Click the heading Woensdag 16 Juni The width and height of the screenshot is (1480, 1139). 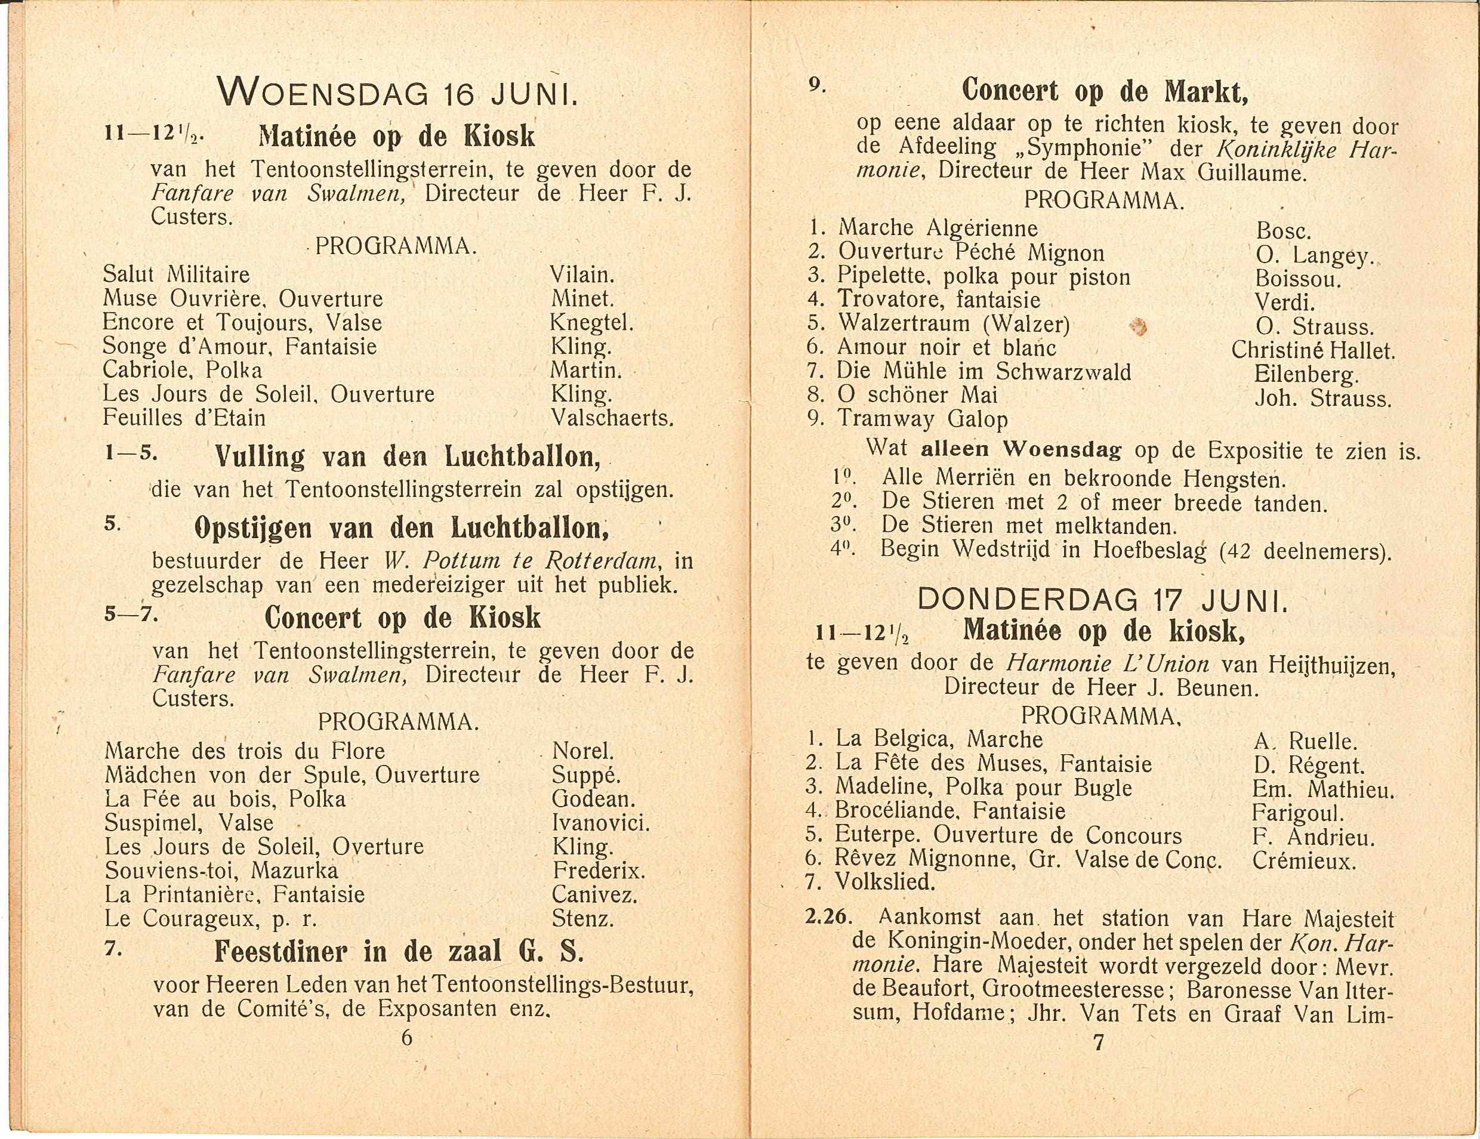397,93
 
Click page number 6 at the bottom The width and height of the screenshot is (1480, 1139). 406,1038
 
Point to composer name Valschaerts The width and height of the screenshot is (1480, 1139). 612,418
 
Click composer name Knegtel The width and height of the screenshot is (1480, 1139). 591,323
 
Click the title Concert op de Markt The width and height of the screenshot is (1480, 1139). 1105,91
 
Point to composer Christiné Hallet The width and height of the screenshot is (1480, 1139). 1313,350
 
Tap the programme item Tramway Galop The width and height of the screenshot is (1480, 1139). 922,419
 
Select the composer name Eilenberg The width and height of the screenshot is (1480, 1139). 1306,375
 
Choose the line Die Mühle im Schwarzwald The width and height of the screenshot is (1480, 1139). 983,371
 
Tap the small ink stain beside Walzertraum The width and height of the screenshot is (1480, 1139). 1138,329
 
